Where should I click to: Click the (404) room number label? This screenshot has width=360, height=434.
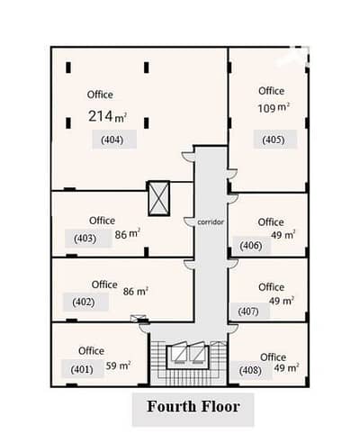[112, 140]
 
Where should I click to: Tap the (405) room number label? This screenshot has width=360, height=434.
[274, 140]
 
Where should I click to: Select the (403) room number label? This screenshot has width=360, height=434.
[85, 239]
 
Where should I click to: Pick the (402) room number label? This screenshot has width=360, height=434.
[84, 302]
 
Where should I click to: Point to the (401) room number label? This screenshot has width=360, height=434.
[82, 369]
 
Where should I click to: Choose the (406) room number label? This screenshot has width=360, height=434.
[251, 246]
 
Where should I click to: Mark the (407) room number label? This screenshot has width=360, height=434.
[248, 312]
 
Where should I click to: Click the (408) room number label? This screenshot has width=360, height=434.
[250, 370]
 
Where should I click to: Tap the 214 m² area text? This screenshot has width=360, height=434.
[107, 116]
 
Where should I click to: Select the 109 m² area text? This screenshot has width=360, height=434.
[274, 108]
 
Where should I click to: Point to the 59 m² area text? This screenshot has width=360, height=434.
[118, 366]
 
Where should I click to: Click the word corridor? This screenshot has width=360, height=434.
[211, 222]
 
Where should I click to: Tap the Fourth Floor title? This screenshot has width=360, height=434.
[193, 407]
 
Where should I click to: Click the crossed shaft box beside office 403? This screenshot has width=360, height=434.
[159, 198]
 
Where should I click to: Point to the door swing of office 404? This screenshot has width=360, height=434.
[188, 157]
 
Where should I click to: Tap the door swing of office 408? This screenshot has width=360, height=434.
[233, 329]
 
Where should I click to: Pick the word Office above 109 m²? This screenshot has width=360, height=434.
[271, 91]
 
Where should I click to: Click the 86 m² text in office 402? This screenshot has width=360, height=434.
[136, 292]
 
